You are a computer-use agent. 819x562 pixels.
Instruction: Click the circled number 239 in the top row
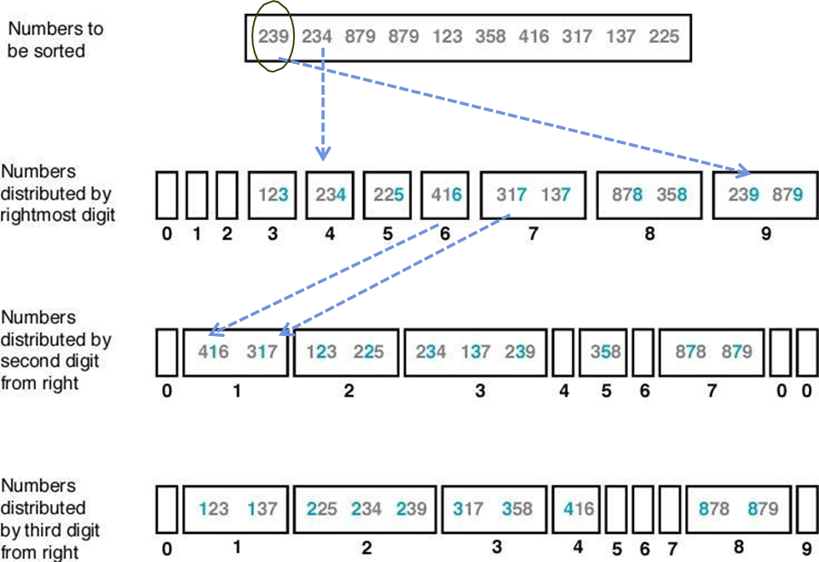click(x=274, y=37)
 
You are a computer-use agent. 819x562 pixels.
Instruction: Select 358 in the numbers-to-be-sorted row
click(x=490, y=37)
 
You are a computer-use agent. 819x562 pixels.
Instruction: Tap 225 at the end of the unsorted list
click(x=663, y=37)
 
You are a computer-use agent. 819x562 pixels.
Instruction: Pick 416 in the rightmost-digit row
click(x=447, y=194)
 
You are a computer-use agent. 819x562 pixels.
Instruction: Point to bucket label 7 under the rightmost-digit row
click(x=534, y=233)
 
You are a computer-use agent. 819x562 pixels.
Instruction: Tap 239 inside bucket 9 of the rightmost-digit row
click(x=744, y=194)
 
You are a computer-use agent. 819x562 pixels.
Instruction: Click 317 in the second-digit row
click(x=262, y=351)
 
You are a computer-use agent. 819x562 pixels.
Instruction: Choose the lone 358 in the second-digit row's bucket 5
click(x=604, y=351)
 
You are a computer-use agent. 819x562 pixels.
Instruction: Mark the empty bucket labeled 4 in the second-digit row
click(x=562, y=351)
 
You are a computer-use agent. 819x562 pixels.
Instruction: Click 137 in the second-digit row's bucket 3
click(x=477, y=351)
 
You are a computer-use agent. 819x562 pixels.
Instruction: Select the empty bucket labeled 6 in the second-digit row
click(x=644, y=351)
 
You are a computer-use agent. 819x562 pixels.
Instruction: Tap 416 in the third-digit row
click(x=580, y=509)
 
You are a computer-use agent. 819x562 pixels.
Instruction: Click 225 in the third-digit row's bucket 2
click(x=322, y=509)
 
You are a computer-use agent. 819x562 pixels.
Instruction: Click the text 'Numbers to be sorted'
click(x=55, y=40)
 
